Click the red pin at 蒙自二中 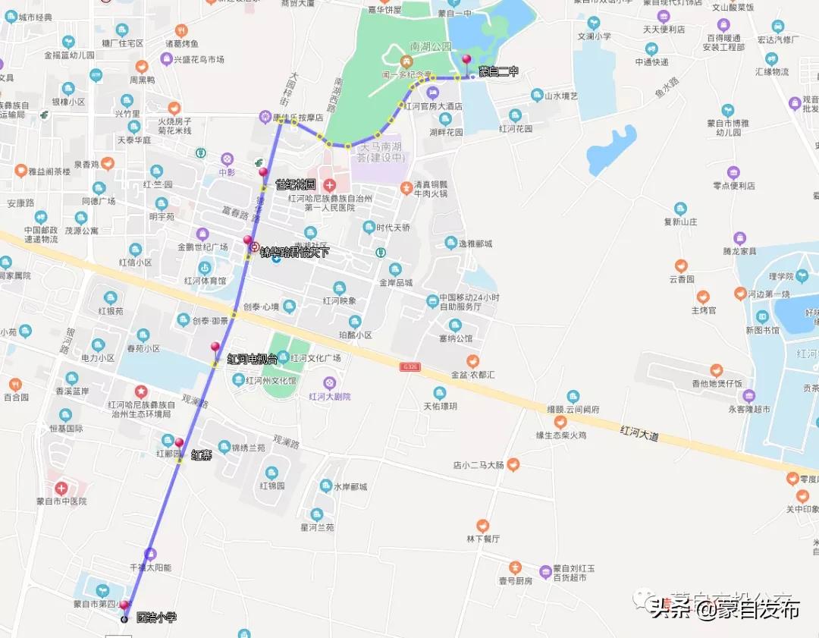pyautogui.click(x=466, y=61)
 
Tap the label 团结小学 pyautogui.click(x=156, y=618)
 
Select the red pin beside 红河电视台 pyautogui.click(x=215, y=347)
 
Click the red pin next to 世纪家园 pyautogui.click(x=263, y=172)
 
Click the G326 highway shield pyautogui.click(x=410, y=367)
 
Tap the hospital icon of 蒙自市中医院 pyautogui.click(x=61, y=487)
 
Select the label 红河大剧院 pyautogui.click(x=330, y=397)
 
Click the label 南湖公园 pyautogui.click(x=430, y=47)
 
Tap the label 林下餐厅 pyautogui.click(x=483, y=539)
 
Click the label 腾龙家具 pyautogui.click(x=739, y=251)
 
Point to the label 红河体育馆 pyautogui.click(x=205, y=281)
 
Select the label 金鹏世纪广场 pyautogui.click(x=202, y=247)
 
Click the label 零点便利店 pyautogui.click(x=734, y=186)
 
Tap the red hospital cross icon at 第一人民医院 pyautogui.click(x=329, y=185)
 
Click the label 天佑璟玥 pyautogui.click(x=440, y=406)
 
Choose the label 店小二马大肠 pyautogui.click(x=479, y=464)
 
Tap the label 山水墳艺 pyautogui.click(x=560, y=96)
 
